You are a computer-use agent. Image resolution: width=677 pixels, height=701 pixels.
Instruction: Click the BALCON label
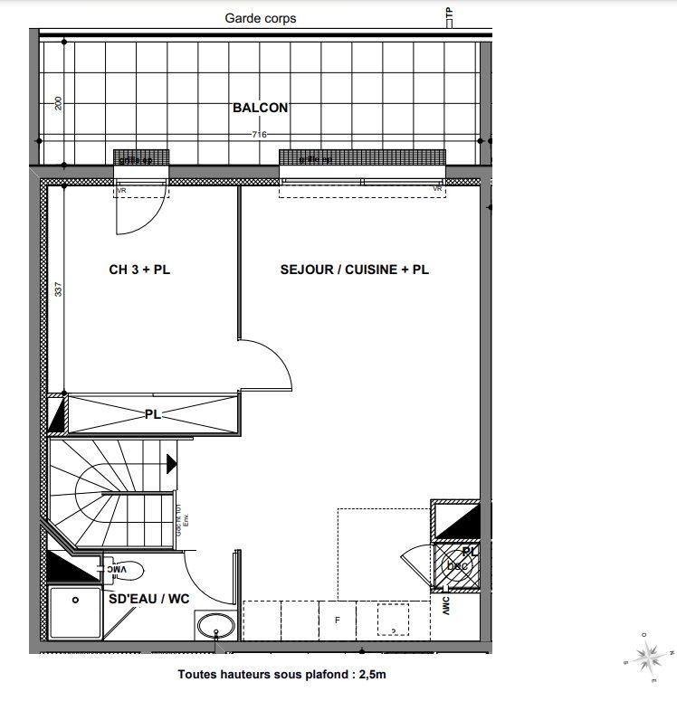(x=261, y=108)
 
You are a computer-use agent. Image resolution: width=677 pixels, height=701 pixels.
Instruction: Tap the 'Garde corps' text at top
(x=261, y=18)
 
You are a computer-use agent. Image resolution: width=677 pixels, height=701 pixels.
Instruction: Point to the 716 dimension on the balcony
(x=260, y=135)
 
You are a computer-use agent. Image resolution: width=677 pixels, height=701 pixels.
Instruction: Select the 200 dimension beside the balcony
(x=59, y=103)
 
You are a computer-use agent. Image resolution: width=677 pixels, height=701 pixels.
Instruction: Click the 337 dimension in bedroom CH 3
(x=59, y=290)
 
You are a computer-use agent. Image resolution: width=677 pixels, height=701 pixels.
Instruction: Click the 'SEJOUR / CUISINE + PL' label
(x=354, y=270)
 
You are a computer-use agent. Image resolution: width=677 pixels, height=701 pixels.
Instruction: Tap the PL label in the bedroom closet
(x=152, y=415)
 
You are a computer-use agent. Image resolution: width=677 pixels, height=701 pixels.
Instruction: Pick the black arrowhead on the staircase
(x=172, y=463)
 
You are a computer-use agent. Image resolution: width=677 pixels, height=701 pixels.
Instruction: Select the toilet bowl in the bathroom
(x=128, y=570)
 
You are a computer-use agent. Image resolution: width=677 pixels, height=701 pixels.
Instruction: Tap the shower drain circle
(x=76, y=599)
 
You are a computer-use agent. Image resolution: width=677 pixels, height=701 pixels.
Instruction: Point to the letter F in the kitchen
(x=337, y=620)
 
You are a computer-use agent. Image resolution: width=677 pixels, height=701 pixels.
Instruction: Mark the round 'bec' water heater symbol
(x=455, y=566)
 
